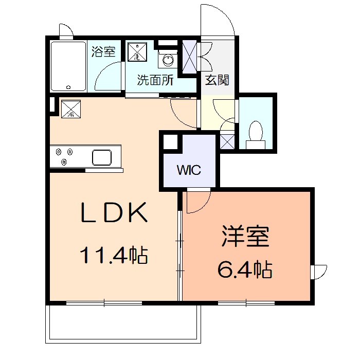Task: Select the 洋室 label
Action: (x=246, y=238)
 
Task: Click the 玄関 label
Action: (x=217, y=80)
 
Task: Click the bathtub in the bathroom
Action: (x=68, y=67)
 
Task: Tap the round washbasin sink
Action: (x=168, y=61)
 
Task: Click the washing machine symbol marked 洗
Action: (x=137, y=51)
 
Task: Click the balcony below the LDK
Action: (x=123, y=324)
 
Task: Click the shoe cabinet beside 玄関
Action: (x=191, y=57)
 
